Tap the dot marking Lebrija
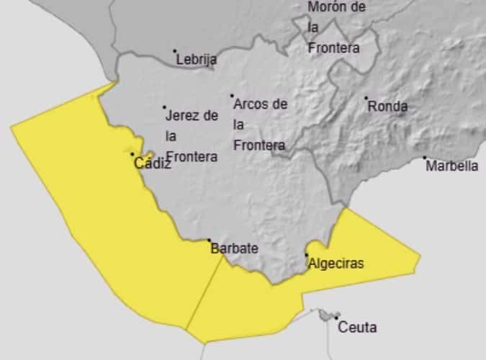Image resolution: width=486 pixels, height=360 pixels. [x=174, y=51]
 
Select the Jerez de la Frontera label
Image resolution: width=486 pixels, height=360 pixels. [x=192, y=135]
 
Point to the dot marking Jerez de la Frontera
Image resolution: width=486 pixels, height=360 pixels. [x=164, y=107]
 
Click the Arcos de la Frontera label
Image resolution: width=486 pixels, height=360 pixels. [x=260, y=125]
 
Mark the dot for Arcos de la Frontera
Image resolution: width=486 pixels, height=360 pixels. [x=232, y=95]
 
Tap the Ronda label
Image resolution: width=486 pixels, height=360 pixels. [x=387, y=107]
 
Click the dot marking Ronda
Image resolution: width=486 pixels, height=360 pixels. [x=366, y=98]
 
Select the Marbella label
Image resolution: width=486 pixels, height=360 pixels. [x=451, y=166]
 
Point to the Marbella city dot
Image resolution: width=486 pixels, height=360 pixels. [x=424, y=158]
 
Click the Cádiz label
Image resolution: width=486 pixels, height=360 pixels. [x=153, y=164]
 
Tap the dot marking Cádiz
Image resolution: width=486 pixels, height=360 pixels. [x=132, y=154]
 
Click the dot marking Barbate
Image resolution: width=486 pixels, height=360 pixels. [x=209, y=240]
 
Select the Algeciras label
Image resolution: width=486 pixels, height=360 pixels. [x=336, y=264]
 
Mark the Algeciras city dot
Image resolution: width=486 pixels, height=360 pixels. [x=307, y=254]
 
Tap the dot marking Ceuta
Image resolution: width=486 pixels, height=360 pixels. [x=336, y=318]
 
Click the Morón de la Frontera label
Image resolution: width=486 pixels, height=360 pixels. [x=336, y=27]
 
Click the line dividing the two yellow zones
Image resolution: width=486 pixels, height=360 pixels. [x=205, y=292]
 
